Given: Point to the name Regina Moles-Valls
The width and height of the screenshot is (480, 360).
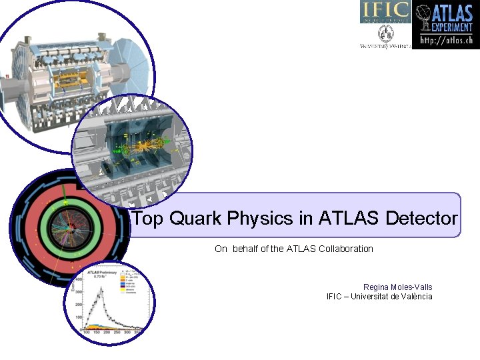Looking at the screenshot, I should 397,287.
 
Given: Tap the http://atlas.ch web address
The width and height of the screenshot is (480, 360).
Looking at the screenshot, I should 446,41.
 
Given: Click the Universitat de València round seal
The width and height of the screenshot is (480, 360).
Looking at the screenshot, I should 386,33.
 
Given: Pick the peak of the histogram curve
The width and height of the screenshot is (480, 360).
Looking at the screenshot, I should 99,290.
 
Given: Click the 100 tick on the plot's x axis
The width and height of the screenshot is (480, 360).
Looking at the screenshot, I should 87,332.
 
